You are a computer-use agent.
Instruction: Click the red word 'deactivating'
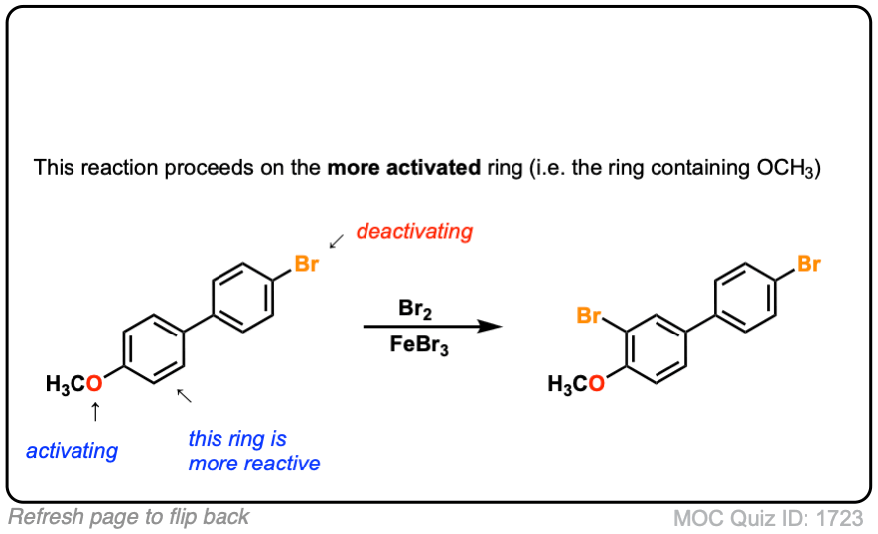(414, 232)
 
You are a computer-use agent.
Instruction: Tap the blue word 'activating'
(72, 451)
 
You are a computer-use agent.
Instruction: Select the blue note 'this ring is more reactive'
(254, 451)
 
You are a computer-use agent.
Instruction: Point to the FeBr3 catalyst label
(416, 347)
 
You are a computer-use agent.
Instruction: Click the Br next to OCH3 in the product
(590, 317)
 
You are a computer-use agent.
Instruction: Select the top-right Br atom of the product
(809, 265)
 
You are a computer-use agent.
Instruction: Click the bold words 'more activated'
(403, 167)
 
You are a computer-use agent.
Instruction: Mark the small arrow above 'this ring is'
(184, 397)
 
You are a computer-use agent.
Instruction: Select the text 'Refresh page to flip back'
(129, 517)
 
